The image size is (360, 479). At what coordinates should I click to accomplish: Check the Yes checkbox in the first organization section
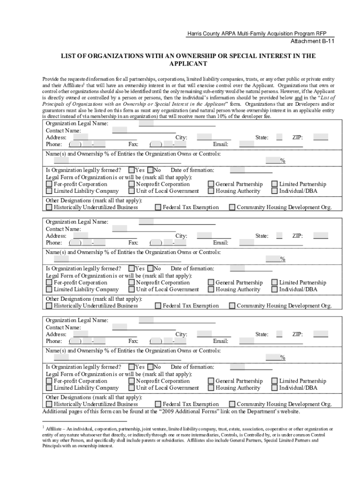pos(131,170)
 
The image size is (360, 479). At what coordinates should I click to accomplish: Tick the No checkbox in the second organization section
pos(151,269)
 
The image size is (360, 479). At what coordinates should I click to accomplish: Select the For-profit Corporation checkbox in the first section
pos(49,184)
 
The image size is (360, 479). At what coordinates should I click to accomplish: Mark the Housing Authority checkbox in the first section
pos(211,191)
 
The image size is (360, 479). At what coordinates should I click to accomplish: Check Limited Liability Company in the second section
pos(49,290)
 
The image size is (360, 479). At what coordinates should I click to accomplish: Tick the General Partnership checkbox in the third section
pos(211,381)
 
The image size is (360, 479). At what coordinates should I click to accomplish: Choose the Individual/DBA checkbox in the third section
pos(274,388)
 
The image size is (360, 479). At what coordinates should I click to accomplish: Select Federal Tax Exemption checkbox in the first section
pos(158,207)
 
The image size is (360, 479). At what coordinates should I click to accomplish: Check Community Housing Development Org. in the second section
pos(232,306)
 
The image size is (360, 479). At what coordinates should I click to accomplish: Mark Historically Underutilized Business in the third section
pos(49,404)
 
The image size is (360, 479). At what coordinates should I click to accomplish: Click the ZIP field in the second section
pos(320,236)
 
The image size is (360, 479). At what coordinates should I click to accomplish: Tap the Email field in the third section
pos(271,341)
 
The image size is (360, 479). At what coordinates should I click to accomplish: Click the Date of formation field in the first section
pos(251,170)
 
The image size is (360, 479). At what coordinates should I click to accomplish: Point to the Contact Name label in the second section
pos(63,229)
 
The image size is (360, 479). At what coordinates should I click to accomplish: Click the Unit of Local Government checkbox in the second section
pos(131,290)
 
